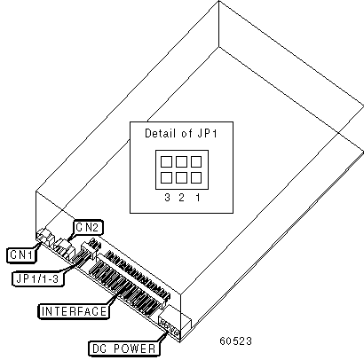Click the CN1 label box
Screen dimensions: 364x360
(x=21, y=254)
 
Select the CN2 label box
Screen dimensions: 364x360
(x=88, y=227)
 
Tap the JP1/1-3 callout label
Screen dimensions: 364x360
(x=37, y=278)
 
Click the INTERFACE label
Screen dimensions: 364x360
(x=74, y=311)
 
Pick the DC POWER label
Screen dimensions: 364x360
(x=124, y=348)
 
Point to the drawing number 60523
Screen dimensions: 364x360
(x=235, y=340)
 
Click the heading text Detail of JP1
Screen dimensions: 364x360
(x=181, y=133)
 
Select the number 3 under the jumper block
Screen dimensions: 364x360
(x=167, y=197)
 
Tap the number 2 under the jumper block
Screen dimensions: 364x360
(x=181, y=197)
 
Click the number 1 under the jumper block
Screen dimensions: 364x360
(x=198, y=197)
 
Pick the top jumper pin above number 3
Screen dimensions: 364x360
(x=166, y=161)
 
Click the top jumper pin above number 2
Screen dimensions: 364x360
(x=181, y=161)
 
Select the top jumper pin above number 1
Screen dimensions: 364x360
(x=196, y=161)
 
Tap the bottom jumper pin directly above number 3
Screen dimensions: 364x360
(x=166, y=177)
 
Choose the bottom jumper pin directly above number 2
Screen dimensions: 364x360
(x=181, y=177)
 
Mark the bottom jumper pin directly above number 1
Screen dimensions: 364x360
(x=196, y=177)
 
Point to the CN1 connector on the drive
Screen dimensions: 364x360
(x=44, y=237)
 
